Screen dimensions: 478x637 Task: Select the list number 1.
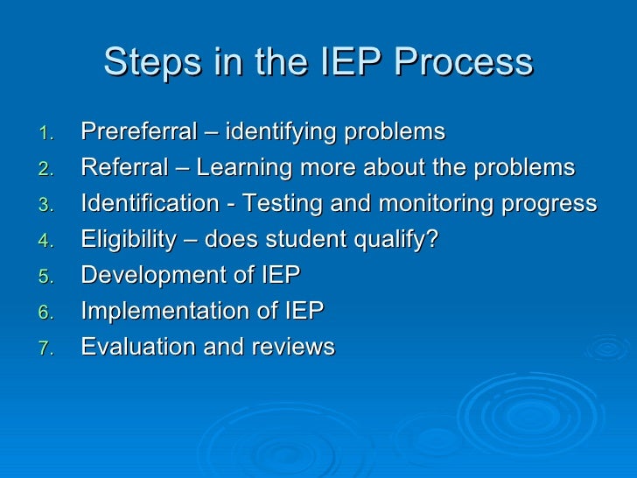click(47, 134)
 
